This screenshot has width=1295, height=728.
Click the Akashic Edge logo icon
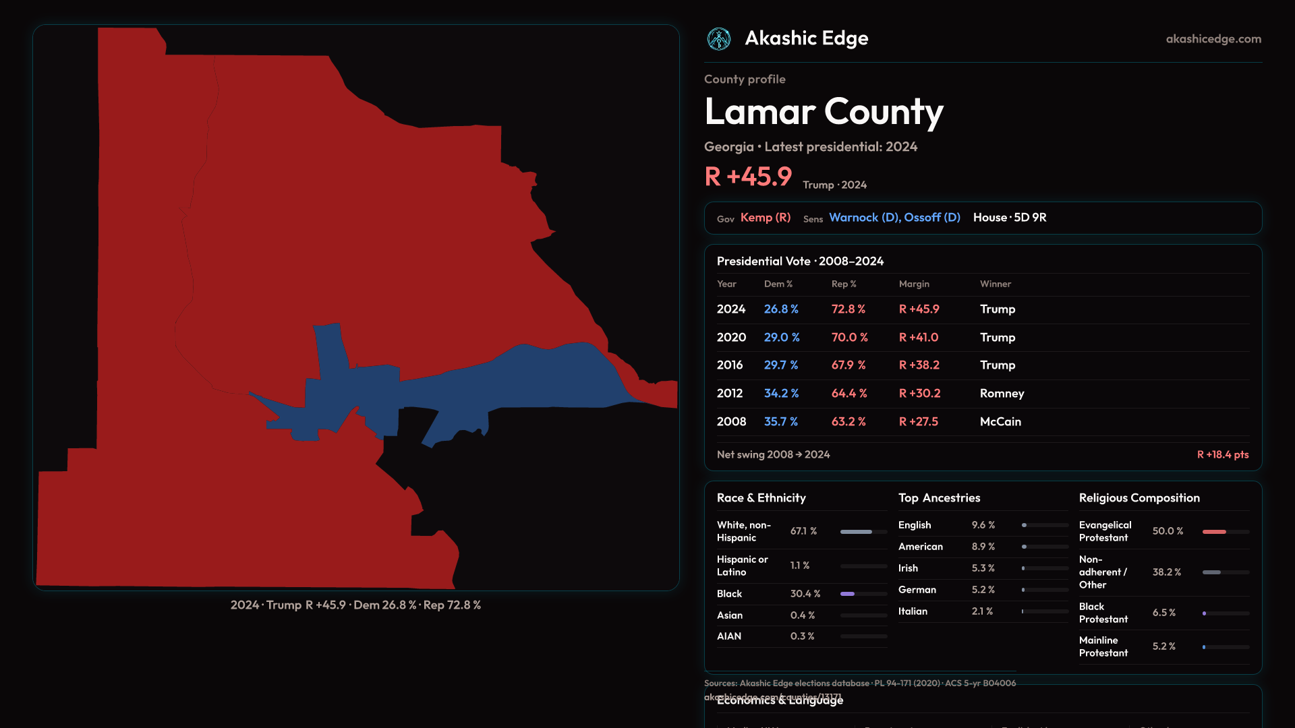coord(718,39)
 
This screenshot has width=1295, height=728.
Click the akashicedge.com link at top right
coord(1213,39)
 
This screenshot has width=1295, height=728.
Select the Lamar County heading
coord(824,112)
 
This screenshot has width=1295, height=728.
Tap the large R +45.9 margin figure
coord(748,177)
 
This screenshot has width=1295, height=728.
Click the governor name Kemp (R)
coord(766,218)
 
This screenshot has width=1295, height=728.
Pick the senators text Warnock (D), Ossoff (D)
coord(894,218)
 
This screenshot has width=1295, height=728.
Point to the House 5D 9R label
coord(1010,218)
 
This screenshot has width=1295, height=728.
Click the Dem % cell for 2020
coord(782,338)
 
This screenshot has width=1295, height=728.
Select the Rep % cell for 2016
coord(848,365)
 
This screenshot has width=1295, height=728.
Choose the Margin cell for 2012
coord(919,394)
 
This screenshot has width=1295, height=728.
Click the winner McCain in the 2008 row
coord(1000,422)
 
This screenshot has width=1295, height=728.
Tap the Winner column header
coord(996,284)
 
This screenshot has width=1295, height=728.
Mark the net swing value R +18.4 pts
coord(1222,455)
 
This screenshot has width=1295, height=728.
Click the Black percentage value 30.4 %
coord(805,594)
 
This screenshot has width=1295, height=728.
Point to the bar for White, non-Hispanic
coord(863,532)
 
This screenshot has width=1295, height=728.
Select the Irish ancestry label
coord(908,568)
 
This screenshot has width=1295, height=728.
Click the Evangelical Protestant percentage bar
coord(1226,532)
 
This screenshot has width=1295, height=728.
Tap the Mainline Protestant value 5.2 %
coord(1163,646)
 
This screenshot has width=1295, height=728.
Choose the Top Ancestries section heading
coord(939,498)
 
